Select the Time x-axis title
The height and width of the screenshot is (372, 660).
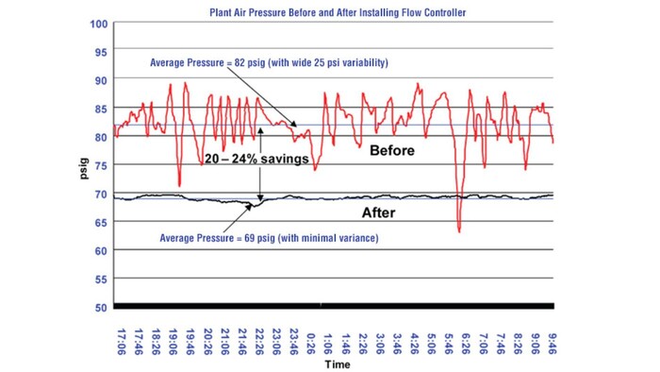[333, 363]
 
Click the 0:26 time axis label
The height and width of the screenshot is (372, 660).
[310, 334]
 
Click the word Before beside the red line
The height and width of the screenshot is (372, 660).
[392, 150]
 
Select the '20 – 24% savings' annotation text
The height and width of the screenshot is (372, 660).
[256, 161]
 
